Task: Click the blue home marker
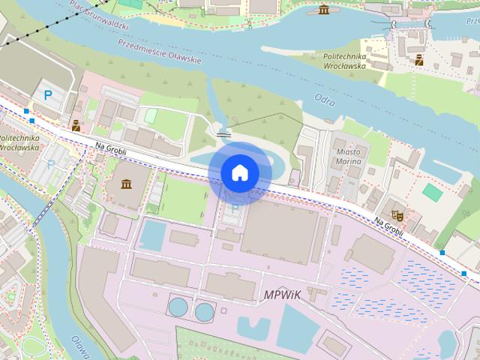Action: coord(239,172)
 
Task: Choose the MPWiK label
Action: coord(282,295)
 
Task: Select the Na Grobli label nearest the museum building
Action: coord(111,149)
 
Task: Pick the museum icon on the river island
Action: coord(323,9)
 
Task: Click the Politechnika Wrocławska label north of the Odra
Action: coord(343,61)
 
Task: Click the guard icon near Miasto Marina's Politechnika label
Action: coord(418,60)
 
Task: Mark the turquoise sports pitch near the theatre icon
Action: coord(432,192)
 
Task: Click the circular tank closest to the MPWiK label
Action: coord(204,309)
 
